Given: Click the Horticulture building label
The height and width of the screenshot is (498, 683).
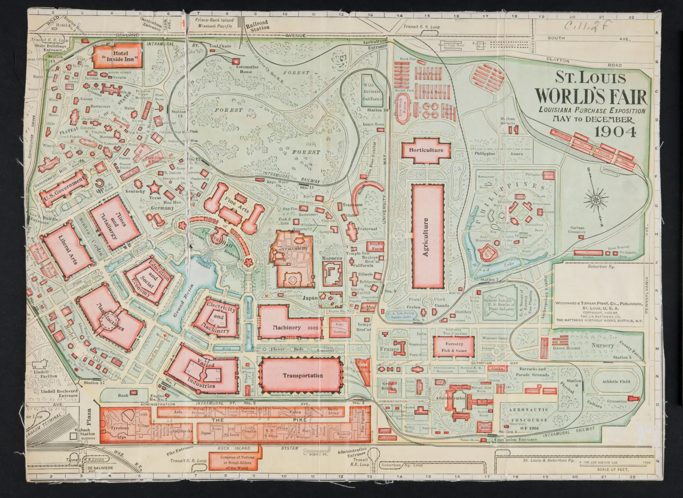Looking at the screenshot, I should [426, 150].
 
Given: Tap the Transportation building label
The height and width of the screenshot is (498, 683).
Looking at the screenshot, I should [302, 376].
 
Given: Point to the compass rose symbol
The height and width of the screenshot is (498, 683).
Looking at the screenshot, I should [595, 200].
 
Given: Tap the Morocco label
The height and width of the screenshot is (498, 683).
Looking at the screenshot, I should [332, 259].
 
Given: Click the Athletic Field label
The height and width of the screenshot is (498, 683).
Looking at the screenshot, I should [616, 382].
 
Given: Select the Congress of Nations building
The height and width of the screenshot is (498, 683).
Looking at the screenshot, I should [232, 462].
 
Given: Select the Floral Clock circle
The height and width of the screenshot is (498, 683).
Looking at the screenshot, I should [428, 302].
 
